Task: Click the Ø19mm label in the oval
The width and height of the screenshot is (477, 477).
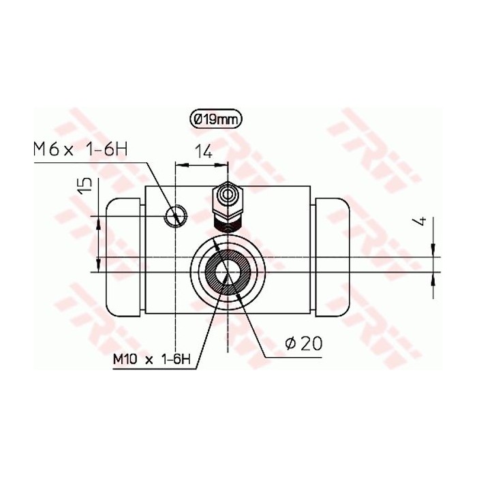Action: coord(215,119)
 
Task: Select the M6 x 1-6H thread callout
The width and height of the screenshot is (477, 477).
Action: coord(79,150)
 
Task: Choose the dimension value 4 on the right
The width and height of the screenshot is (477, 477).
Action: coord(422,221)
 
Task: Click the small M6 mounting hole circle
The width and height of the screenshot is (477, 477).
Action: coord(175,216)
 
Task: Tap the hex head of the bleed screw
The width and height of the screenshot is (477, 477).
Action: coord(227,197)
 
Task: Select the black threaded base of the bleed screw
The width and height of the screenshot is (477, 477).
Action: coord(227,223)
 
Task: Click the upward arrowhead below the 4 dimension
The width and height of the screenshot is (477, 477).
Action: coord(434,278)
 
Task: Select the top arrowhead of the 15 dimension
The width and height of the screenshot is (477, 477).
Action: coord(100,220)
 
